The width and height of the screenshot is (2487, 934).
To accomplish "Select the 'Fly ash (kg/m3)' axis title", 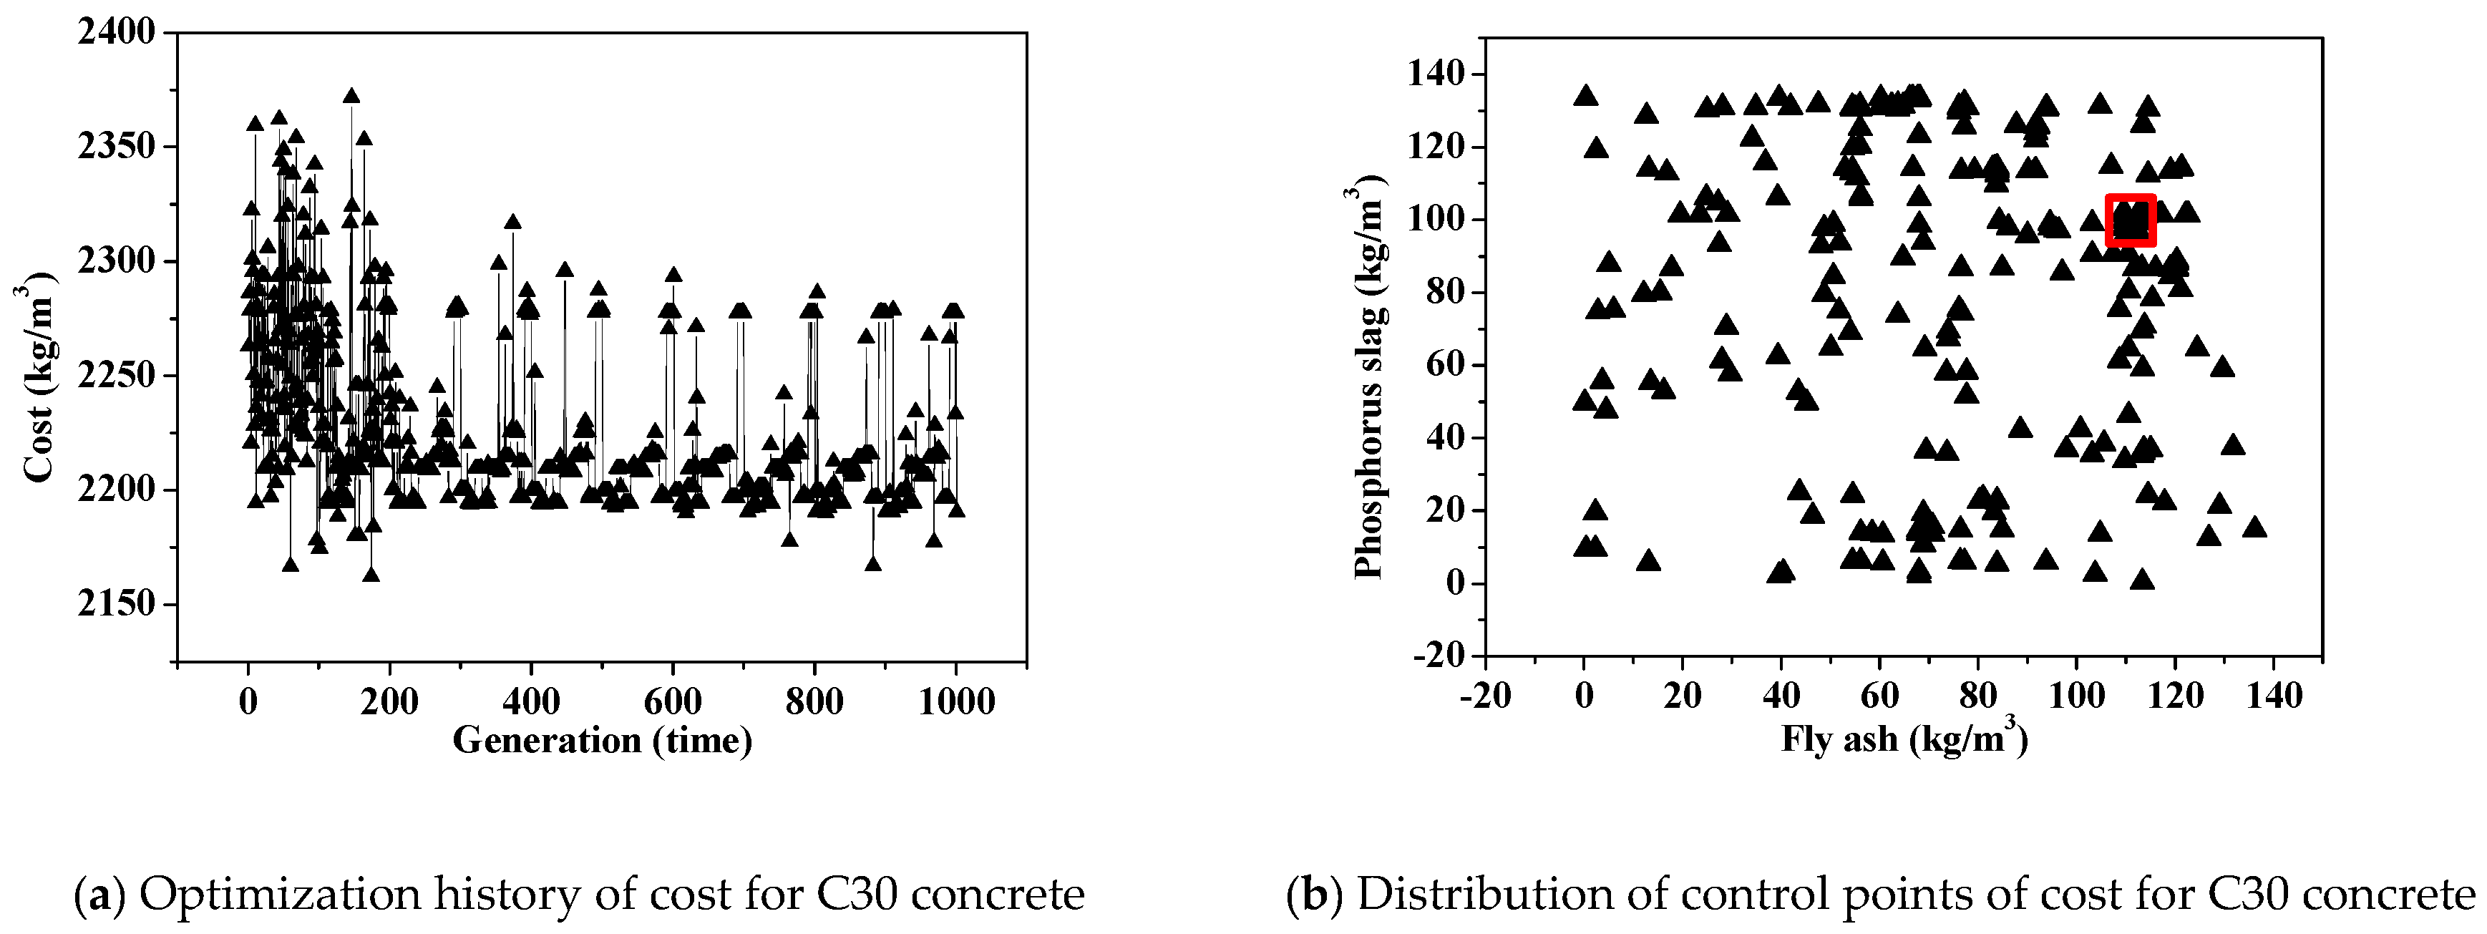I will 1904,740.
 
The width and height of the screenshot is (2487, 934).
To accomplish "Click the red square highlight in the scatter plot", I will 2130,220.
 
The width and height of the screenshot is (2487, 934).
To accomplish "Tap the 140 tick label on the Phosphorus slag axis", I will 1439,74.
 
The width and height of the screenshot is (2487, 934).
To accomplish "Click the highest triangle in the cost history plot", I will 351,96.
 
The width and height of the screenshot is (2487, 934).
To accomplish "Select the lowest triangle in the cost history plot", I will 371,575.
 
